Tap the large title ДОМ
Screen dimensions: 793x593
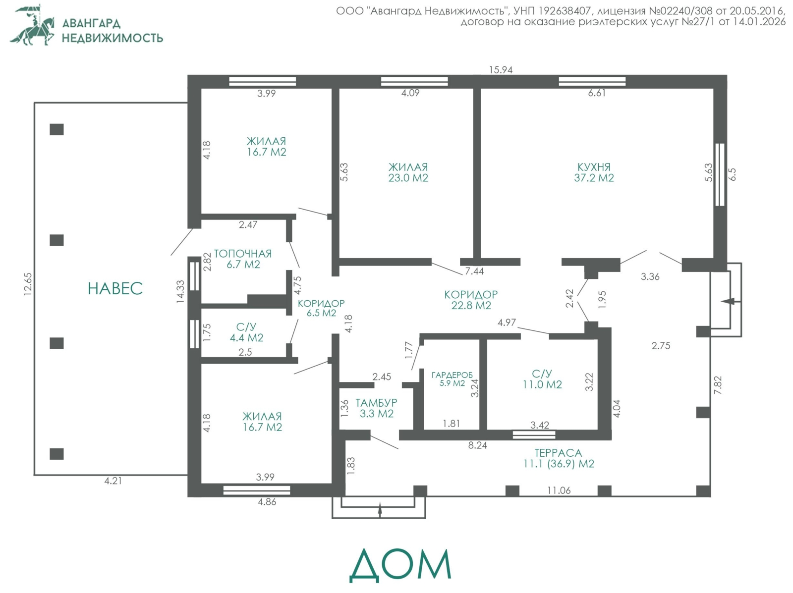pyautogui.click(x=400, y=565)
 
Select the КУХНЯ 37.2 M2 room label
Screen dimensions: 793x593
pyautogui.click(x=594, y=172)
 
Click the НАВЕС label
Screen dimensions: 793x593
pyautogui.click(x=115, y=288)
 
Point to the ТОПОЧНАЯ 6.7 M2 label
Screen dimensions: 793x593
pyautogui.click(x=243, y=259)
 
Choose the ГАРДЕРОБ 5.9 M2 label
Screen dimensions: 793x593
pyautogui.click(x=452, y=379)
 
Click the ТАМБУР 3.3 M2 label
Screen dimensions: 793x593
pyautogui.click(x=377, y=408)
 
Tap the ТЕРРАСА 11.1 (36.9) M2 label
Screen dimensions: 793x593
pyautogui.click(x=559, y=458)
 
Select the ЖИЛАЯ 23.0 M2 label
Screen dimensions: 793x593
pyautogui.click(x=408, y=172)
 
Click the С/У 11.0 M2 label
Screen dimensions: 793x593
pyautogui.click(x=542, y=379)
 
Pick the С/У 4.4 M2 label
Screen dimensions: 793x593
pyautogui.click(x=246, y=332)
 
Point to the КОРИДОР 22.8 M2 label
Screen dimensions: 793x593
pyautogui.click(x=471, y=300)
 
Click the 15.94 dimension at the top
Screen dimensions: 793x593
pyautogui.click(x=501, y=70)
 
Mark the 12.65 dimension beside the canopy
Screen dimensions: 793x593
pyautogui.click(x=28, y=284)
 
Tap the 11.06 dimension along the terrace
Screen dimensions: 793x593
pyautogui.click(x=559, y=490)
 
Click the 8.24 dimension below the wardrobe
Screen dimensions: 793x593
pyautogui.click(x=478, y=445)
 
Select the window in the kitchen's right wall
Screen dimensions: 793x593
pyautogui.click(x=720, y=175)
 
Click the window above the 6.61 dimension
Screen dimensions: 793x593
pyautogui.click(x=592, y=81)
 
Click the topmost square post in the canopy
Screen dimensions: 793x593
pyautogui.click(x=57, y=129)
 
